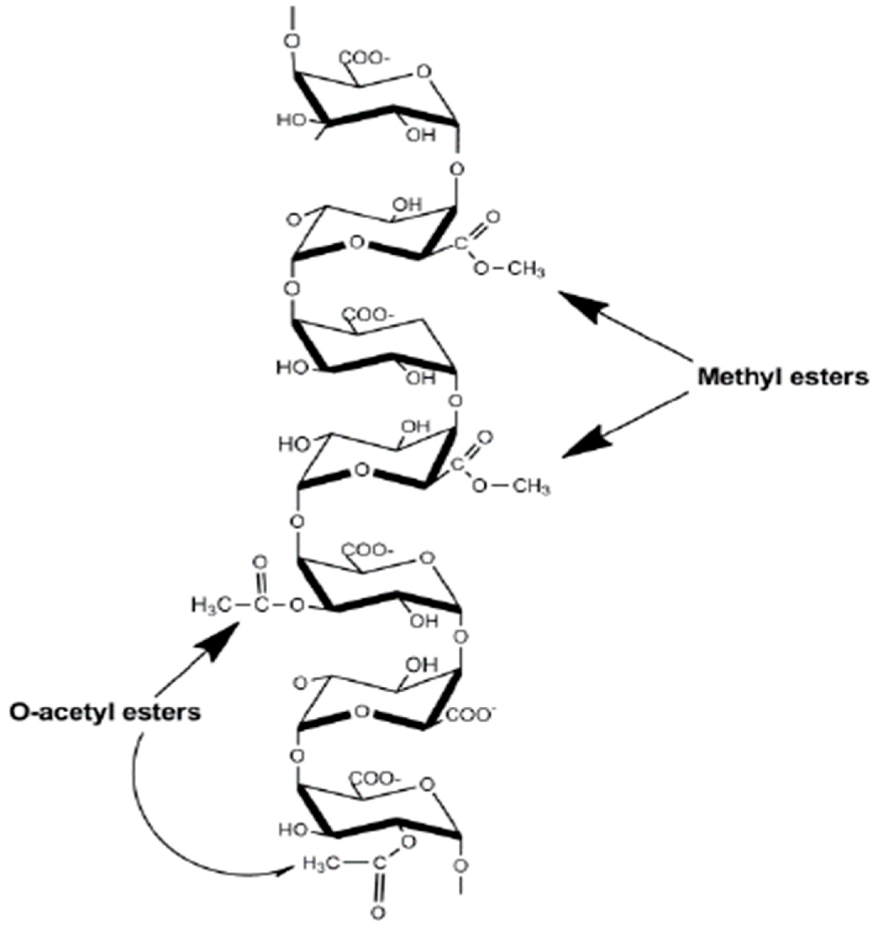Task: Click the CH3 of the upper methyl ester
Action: pos(526,271)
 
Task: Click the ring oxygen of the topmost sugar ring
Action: pos(425,72)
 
